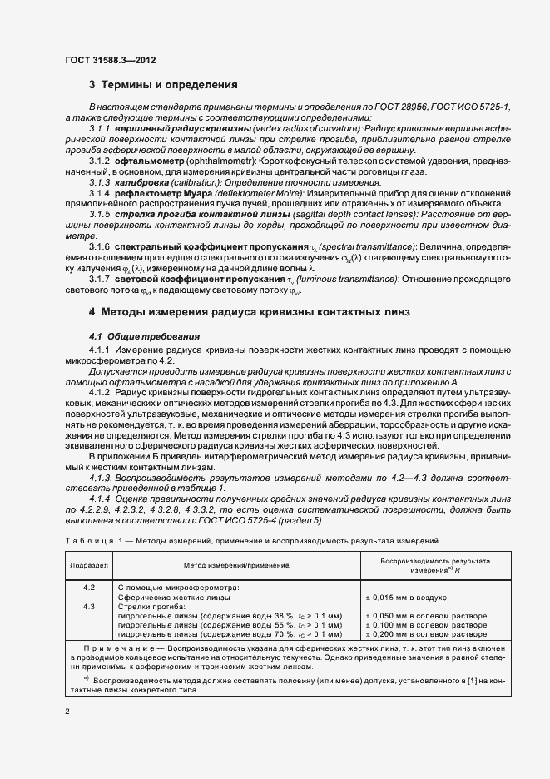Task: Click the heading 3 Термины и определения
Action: click(163, 85)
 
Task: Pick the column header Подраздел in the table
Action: click(89, 565)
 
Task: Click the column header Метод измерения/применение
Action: click(236, 565)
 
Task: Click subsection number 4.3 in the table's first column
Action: click(89, 606)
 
